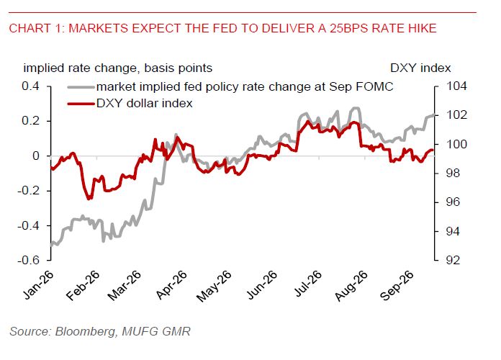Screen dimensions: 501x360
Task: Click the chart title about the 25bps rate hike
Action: click(x=222, y=29)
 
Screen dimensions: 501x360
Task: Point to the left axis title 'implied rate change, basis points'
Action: click(x=117, y=68)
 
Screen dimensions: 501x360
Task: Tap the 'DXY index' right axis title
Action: click(x=420, y=68)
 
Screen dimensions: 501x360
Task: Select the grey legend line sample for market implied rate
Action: click(x=81, y=87)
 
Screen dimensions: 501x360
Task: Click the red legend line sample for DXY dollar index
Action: click(x=81, y=104)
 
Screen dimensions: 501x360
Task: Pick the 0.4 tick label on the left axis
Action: click(x=30, y=86)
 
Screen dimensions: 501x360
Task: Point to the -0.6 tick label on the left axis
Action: click(x=28, y=260)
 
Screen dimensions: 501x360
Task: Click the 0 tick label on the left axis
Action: click(x=36, y=156)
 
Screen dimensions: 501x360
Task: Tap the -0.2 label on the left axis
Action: click(x=28, y=191)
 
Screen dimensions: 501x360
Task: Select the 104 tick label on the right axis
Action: click(x=456, y=86)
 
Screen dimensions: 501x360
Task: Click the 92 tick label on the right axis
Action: click(x=453, y=260)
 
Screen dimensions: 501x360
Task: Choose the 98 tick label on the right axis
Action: click(x=453, y=173)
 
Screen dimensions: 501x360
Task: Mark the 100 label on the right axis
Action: click(x=456, y=144)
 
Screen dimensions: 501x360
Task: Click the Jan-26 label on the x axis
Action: click(x=38, y=285)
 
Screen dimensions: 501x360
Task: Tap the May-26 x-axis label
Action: click(x=214, y=286)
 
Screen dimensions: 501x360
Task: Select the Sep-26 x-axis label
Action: click(x=397, y=286)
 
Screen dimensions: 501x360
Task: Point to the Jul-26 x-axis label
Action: click(x=307, y=284)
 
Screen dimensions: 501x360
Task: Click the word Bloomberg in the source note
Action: click(x=86, y=331)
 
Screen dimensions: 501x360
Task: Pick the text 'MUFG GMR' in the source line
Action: click(x=156, y=331)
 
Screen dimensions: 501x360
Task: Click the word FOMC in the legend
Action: click(x=378, y=87)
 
